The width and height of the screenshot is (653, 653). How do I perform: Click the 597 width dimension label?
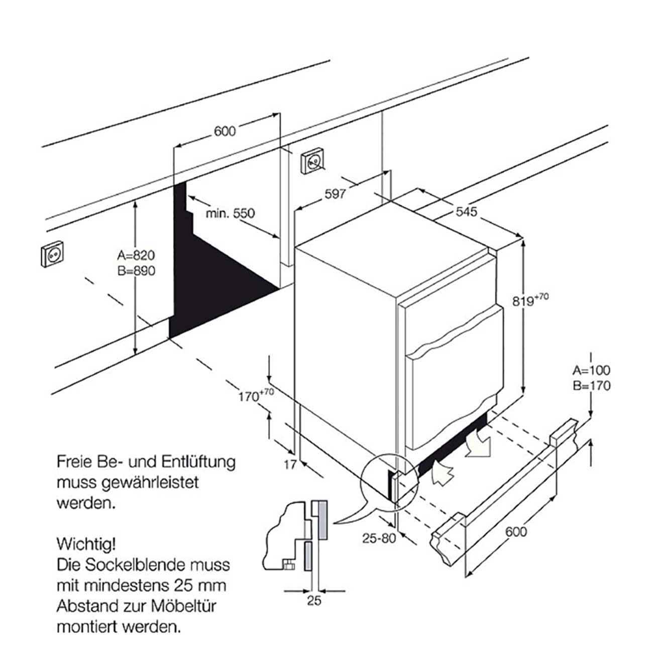pos(335,193)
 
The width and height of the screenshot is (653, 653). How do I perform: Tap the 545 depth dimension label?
pos(466,212)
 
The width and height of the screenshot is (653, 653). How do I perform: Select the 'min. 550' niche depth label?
pos(231,213)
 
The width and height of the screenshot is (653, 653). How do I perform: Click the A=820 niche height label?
pos(134,255)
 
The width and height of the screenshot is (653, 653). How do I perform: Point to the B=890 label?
pos(134,270)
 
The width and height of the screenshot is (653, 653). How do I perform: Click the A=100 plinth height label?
pos(591,371)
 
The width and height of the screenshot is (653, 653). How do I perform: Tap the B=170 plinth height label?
pos(591,386)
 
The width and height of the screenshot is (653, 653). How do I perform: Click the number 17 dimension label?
pos(290,465)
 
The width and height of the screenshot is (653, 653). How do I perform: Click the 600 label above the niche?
pos(225,131)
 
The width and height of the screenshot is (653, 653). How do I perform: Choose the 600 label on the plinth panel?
pos(517,531)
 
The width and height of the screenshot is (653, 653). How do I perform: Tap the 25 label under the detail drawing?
pos(314,600)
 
